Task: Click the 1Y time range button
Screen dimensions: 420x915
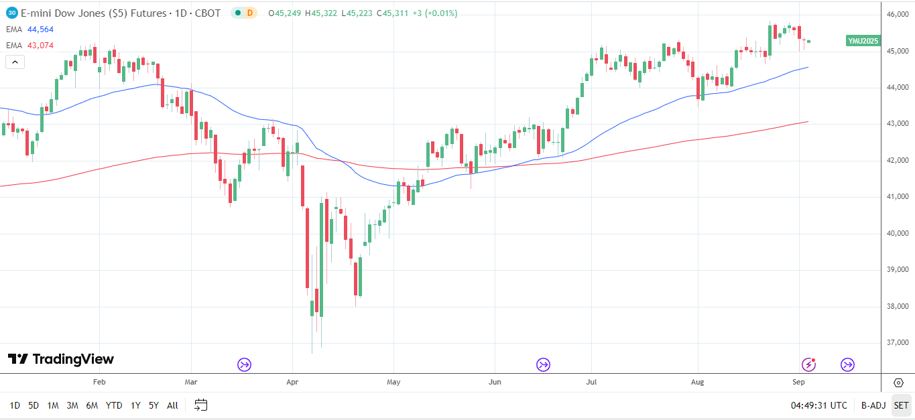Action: (135, 405)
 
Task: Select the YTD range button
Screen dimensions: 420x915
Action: (114, 405)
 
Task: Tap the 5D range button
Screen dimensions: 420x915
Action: (34, 405)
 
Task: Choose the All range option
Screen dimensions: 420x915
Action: (172, 405)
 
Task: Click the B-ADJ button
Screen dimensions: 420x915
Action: (873, 405)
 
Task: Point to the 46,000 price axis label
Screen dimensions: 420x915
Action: (896, 15)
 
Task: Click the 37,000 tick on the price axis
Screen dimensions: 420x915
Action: (896, 343)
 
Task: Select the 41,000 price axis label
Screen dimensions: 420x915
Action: (896, 197)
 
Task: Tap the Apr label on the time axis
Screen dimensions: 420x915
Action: (292, 382)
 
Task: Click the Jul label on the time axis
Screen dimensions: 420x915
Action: (591, 382)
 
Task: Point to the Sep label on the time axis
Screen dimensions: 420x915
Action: (798, 382)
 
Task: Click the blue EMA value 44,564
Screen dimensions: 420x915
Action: (40, 29)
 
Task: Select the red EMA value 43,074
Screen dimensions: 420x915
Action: (40, 46)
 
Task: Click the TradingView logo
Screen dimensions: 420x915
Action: (61, 360)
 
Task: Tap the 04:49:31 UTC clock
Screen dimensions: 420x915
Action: (819, 405)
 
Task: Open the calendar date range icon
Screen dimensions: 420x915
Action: (201, 405)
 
